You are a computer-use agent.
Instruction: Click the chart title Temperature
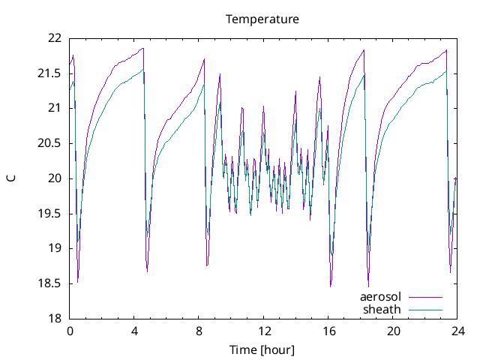262,19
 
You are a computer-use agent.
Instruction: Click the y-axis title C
10,178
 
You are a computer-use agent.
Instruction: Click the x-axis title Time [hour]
262,349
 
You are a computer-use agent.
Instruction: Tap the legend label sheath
382,309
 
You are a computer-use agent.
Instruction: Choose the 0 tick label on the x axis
70,331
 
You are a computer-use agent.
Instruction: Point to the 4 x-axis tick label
134,331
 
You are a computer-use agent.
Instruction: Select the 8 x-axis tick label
199,331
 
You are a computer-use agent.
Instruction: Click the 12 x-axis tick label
264,331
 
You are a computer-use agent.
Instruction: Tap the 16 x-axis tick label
328,331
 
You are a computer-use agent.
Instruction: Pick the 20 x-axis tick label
394,331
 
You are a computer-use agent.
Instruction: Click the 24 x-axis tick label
458,331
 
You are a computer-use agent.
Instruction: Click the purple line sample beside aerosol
424,297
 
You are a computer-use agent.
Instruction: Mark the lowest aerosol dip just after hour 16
331,286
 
